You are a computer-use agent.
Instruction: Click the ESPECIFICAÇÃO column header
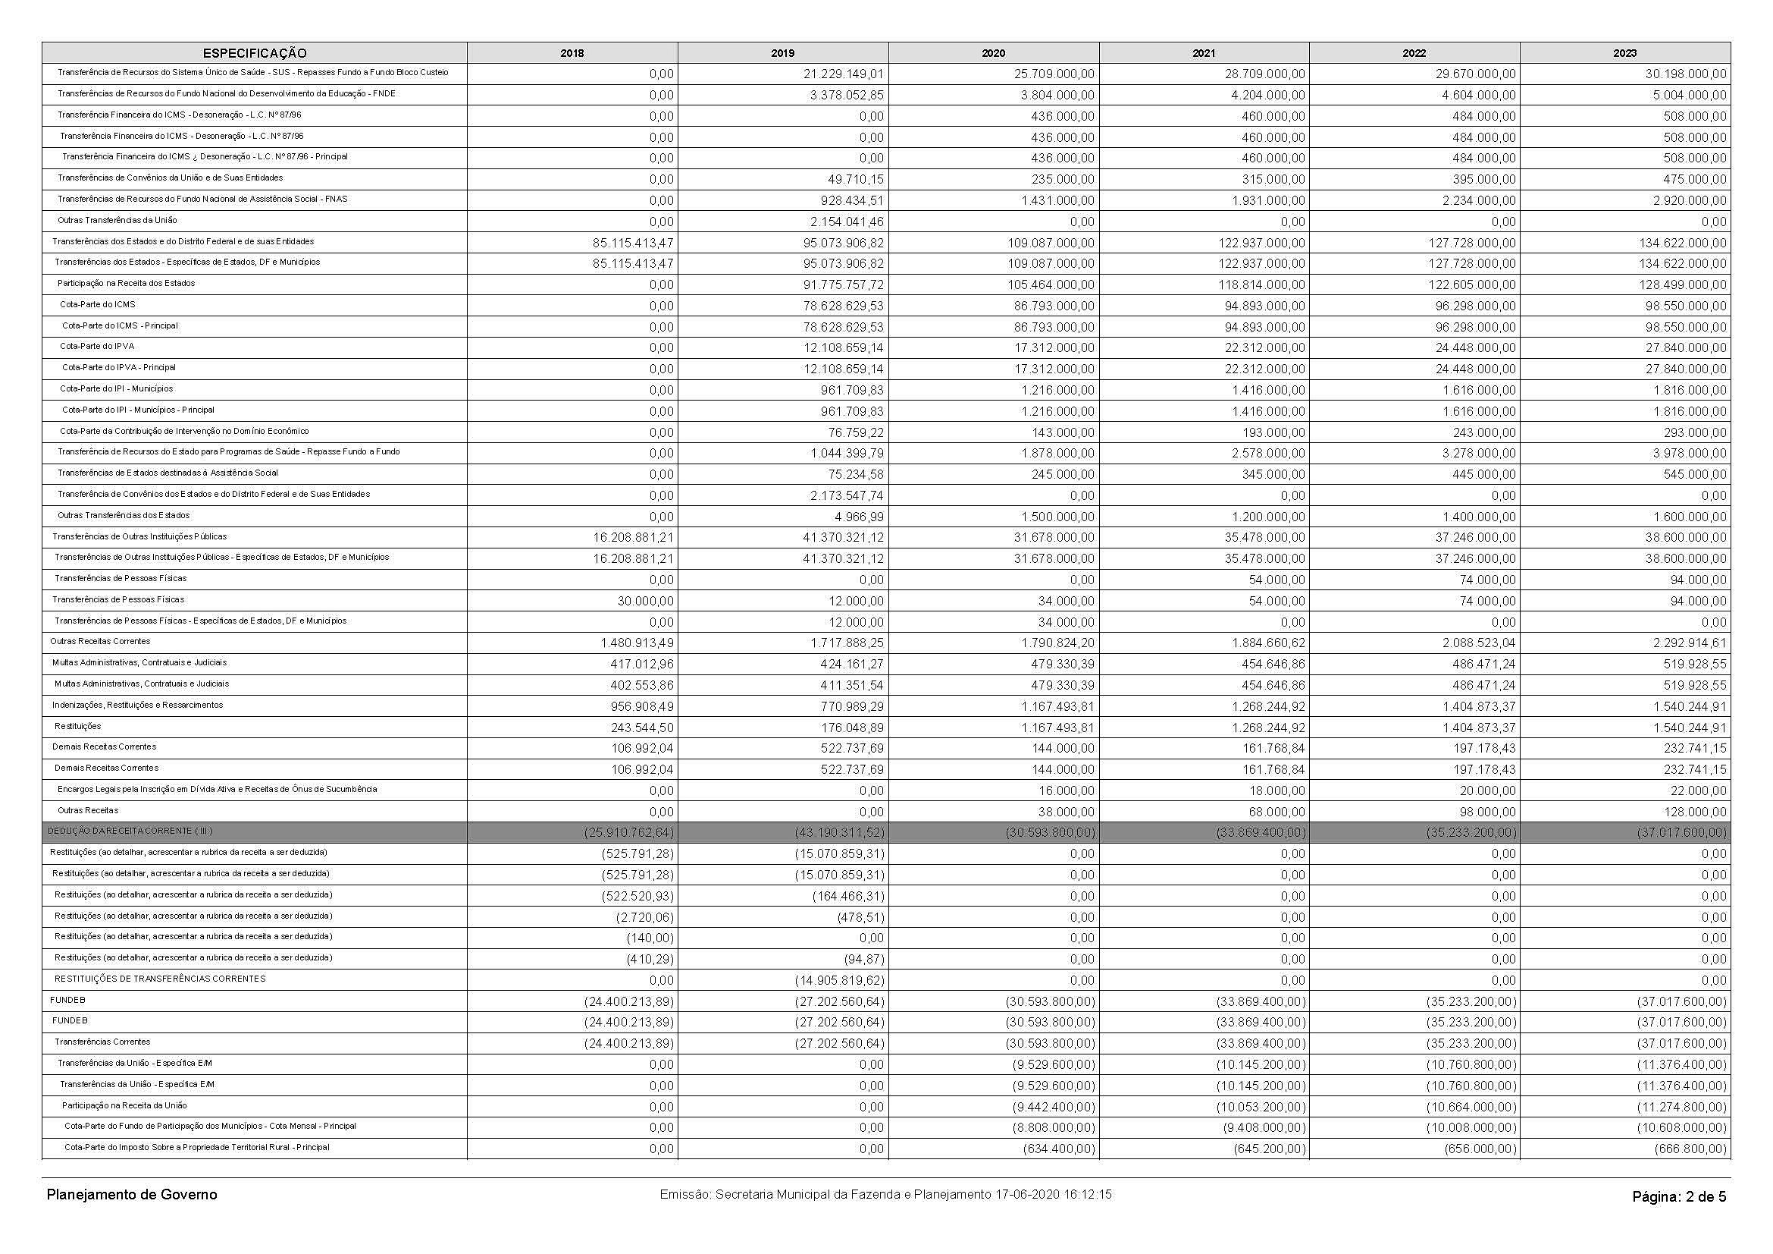coord(254,53)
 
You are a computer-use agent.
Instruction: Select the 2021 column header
coord(1203,53)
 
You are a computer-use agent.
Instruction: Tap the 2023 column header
coord(1624,53)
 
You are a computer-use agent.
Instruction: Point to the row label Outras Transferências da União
coord(117,220)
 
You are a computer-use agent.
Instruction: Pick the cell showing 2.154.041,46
coord(843,222)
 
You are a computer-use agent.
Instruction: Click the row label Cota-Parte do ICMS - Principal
coord(120,326)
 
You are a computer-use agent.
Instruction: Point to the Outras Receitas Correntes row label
coord(100,641)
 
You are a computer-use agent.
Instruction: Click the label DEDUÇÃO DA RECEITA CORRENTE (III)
coord(130,831)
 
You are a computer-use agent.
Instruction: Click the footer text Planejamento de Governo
coord(132,1195)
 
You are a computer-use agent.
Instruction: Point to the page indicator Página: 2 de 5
coord(1679,1197)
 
